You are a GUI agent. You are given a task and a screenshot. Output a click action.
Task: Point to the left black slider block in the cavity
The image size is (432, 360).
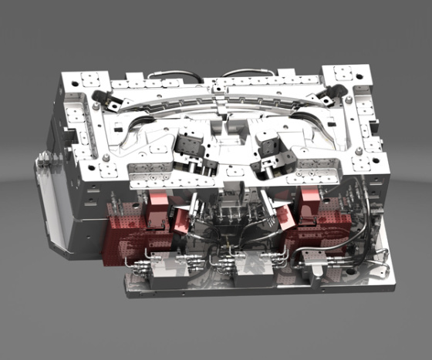(x=187, y=144)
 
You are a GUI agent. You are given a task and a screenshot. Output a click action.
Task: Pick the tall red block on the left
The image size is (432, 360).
(x=157, y=205)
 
